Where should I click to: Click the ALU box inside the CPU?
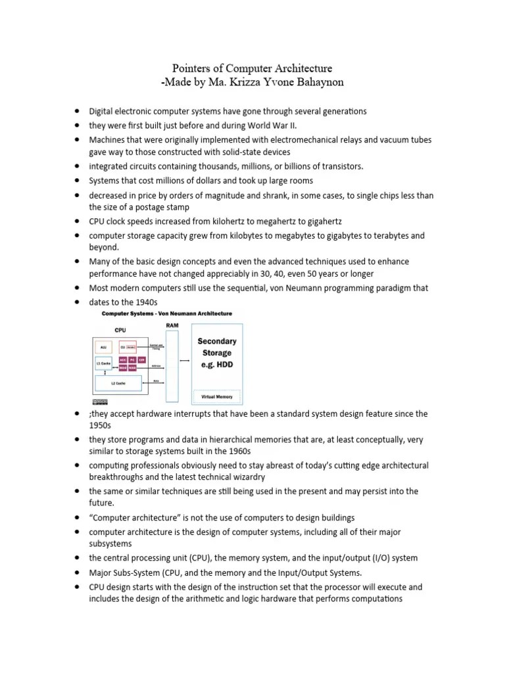click(103, 346)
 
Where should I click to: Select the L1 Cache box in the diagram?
click(103, 363)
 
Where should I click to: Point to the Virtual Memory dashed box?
click(216, 397)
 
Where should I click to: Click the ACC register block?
click(123, 360)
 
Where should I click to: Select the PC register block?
click(132, 360)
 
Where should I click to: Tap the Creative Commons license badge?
click(100, 401)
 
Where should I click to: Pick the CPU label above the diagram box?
click(121, 331)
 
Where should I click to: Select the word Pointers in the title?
click(192, 68)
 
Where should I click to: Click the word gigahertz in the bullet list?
click(321, 222)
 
